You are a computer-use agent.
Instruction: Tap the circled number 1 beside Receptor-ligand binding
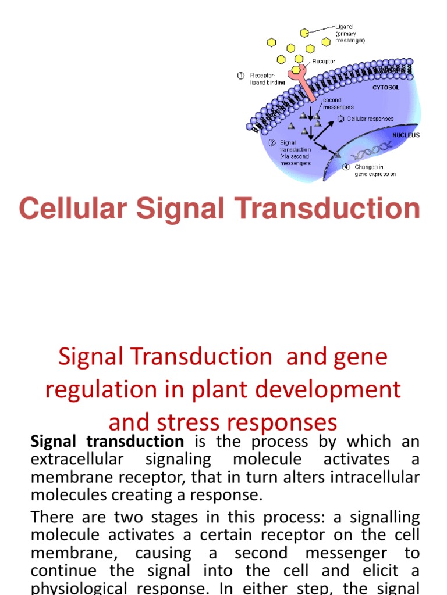[240, 76]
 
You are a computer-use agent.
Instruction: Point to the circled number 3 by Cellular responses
[341, 119]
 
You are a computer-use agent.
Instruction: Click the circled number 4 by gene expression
[346, 167]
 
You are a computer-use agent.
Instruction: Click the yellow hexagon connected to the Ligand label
[304, 33]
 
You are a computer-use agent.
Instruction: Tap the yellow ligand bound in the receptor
[296, 69]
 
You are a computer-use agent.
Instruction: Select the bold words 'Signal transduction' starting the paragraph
[107, 442]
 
